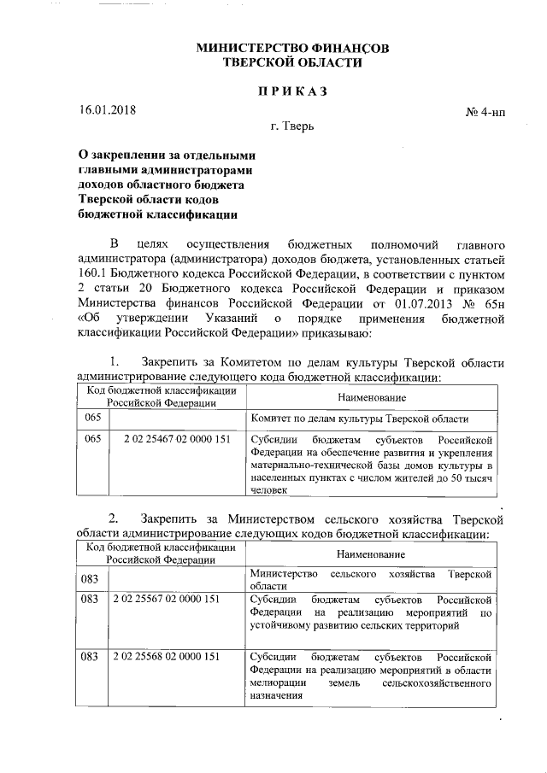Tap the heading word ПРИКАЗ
point(292,90)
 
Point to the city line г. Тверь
point(292,129)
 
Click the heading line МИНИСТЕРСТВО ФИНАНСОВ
point(292,49)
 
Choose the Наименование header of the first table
point(372,398)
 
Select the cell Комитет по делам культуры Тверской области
point(360,419)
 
